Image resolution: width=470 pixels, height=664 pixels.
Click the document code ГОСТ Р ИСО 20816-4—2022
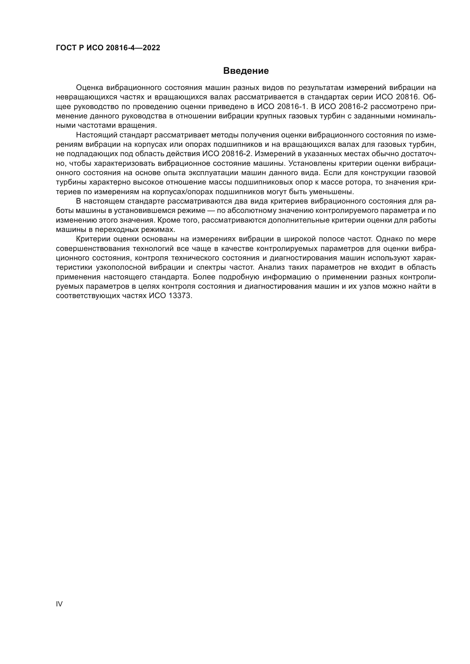tap(108, 48)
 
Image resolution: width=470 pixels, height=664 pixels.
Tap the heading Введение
tap(246, 71)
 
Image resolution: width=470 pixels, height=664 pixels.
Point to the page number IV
tap(59, 604)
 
